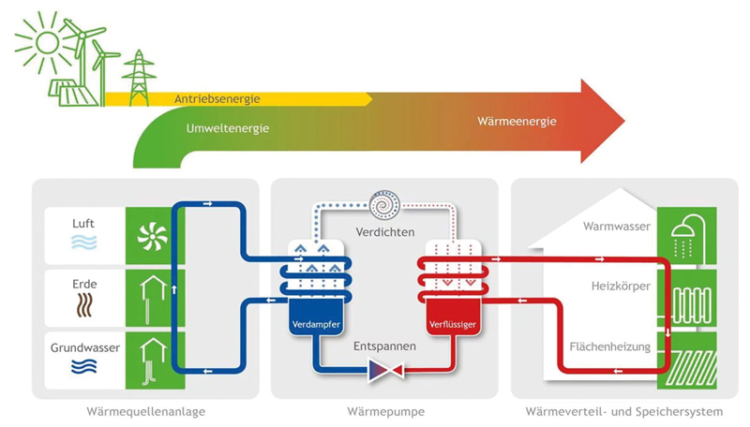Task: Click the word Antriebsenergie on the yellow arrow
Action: [217, 98]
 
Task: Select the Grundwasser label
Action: [83, 348]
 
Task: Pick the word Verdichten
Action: [384, 231]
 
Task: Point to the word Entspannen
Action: [384, 346]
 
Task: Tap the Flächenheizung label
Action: [610, 347]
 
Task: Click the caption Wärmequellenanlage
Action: [145, 410]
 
